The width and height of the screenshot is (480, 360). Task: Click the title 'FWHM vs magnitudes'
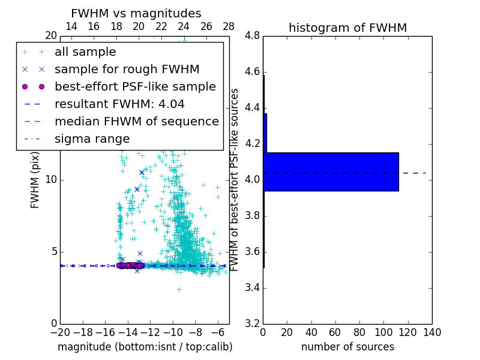point(136,13)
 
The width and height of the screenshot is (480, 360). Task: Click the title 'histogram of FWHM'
point(347,28)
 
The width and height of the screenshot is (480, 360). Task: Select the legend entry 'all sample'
point(85,52)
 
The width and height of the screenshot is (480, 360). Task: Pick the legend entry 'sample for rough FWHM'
point(127,69)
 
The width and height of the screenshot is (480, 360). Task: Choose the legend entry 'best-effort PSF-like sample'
point(135,86)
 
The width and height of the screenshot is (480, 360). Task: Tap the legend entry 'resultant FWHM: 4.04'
point(119,104)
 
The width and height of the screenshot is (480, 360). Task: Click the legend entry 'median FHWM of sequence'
point(136,121)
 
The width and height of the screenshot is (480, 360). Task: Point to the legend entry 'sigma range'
point(92,139)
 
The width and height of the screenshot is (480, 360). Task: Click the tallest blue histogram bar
point(331,172)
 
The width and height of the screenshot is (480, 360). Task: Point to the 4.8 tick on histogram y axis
point(253,36)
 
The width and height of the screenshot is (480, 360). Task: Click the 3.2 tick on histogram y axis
point(253,323)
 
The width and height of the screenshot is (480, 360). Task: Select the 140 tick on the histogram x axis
point(432,332)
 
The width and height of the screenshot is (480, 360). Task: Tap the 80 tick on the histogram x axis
point(359,332)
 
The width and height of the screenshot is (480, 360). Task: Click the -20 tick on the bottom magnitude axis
point(60,332)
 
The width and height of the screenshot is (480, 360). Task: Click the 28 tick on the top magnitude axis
point(229,26)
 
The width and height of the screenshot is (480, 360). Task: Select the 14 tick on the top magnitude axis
point(71,26)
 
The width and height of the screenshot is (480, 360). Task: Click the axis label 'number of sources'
point(347,347)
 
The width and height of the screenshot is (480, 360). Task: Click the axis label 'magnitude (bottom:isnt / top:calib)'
point(145,347)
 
